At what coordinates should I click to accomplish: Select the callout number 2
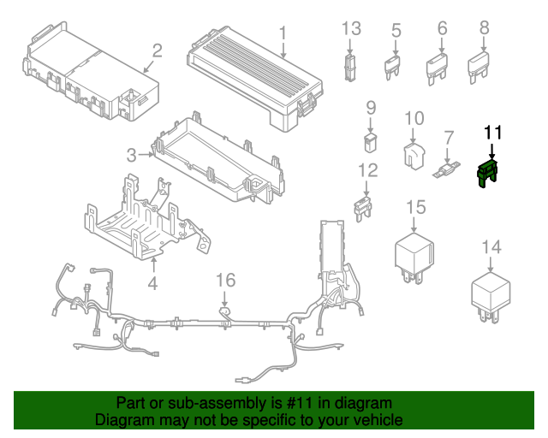point(158,50)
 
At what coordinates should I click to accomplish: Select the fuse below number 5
point(396,66)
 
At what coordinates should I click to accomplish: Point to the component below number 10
point(414,152)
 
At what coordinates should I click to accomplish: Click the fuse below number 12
point(366,205)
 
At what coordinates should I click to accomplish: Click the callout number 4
point(152,283)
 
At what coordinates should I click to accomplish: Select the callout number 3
point(131,155)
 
